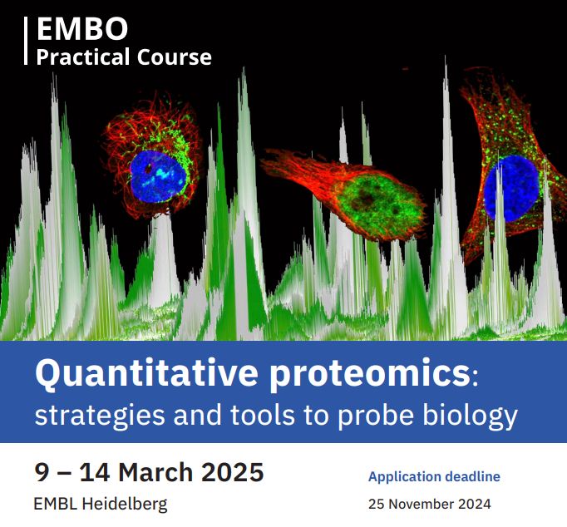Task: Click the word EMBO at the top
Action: click(82, 30)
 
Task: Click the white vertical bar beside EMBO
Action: click(27, 41)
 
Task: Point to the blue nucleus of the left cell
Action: click(154, 171)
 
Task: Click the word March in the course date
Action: click(161, 472)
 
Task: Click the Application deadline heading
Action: click(434, 477)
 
